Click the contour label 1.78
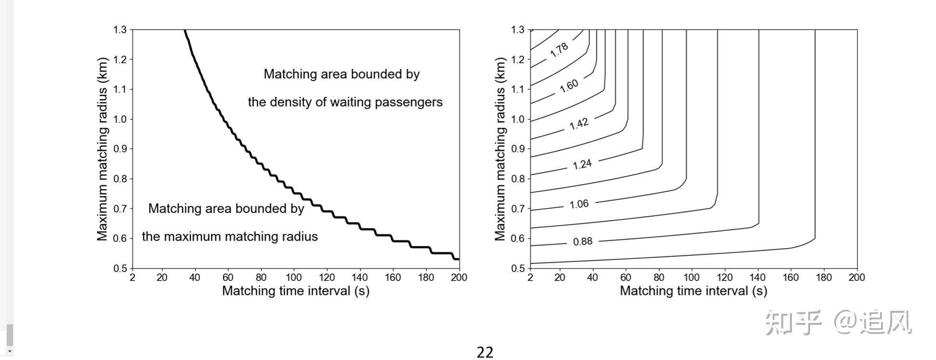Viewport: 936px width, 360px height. coord(559,50)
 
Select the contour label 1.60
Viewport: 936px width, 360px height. coord(569,86)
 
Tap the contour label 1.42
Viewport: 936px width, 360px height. coord(579,124)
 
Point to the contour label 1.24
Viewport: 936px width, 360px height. coord(582,164)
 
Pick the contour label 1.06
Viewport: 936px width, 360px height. coord(579,204)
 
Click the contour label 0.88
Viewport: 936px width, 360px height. coord(582,241)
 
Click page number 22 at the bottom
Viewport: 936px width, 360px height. coord(485,352)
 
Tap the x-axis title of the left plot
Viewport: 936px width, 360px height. coord(295,291)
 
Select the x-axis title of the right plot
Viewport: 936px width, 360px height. coord(693,291)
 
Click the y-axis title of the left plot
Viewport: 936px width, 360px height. coord(102,149)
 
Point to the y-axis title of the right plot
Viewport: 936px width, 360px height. coord(500,149)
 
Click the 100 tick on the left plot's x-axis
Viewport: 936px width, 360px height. coord(294,278)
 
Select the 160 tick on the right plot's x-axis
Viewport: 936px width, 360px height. coord(790,278)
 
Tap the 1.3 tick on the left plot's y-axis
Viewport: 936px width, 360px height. coord(120,30)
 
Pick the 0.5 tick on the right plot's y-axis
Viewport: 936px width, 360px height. coord(518,268)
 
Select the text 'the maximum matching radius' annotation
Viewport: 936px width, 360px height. coord(229,237)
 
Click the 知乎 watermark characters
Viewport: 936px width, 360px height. coord(793,322)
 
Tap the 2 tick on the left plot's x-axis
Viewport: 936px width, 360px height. coord(133,278)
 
